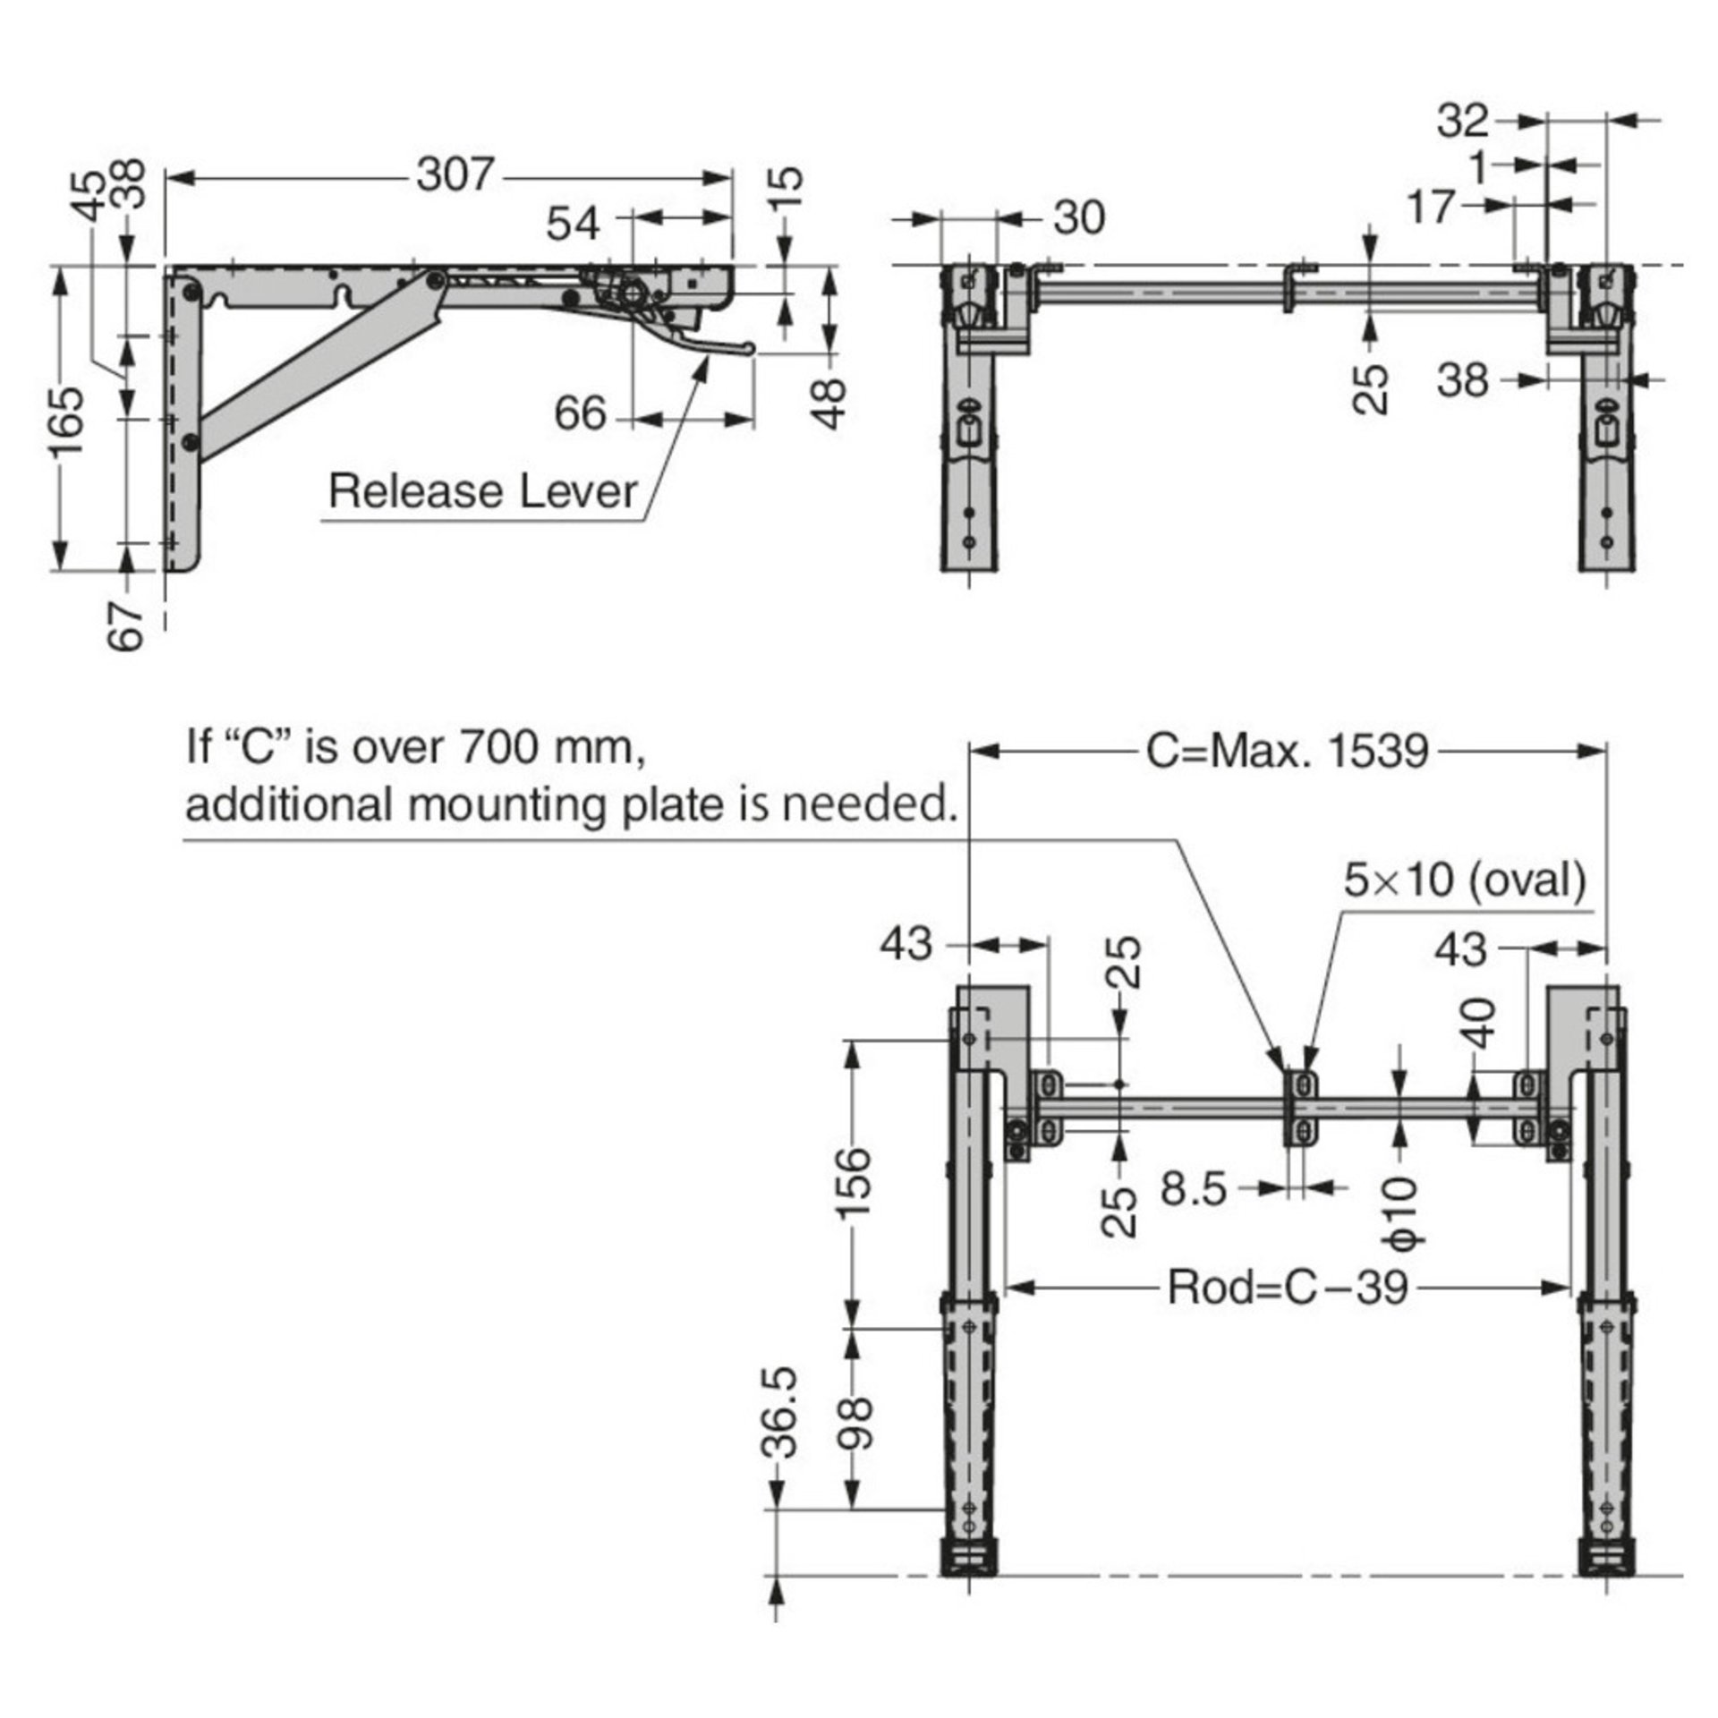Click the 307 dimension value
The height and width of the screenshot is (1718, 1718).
pos(455,174)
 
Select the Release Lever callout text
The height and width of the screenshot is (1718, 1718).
pos(483,491)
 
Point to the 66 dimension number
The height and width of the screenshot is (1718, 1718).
pos(580,413)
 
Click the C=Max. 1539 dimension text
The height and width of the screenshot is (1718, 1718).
pos(1288,752)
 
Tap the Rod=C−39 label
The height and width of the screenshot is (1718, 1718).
pos(1288,1288)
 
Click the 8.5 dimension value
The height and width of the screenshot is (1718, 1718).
pos(1194,1189)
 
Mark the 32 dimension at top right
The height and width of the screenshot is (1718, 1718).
pos(1463,121)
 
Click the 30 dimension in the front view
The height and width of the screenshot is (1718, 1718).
pos(1079,217)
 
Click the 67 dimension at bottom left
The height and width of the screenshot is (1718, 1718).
pos(126,625)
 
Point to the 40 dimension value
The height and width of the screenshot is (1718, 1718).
pos(1481,1024)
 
